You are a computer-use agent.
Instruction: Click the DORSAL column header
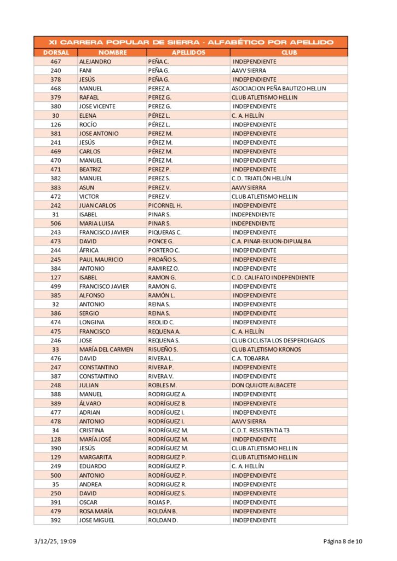click(55, 53)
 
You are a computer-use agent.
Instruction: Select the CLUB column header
click(289, 53)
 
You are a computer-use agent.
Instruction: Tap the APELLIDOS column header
click(188, 53)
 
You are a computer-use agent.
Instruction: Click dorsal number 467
click(55, 61)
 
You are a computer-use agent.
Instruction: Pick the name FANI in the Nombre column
click(85, 71)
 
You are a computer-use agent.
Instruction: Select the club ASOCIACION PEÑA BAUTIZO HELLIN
click(278, 88)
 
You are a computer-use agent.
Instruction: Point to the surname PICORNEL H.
click(165, 205)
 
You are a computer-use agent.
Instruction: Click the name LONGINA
click(91, 322)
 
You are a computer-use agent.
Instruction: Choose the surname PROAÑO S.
click(163, 259)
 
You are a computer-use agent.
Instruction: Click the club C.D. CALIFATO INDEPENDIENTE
click(273, 277)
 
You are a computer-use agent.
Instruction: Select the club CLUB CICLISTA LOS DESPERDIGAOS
click(278, 340)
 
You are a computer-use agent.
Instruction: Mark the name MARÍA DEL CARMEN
click(106, 349)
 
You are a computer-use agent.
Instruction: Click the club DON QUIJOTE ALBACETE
click(263, 385)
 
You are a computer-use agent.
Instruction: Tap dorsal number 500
click(55, 475)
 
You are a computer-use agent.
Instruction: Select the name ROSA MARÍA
click(97, 511)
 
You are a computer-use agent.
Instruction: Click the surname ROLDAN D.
click(163, 520)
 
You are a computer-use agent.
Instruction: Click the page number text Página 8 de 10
click(342, 542)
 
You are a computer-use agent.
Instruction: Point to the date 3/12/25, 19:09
click(55, 542)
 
